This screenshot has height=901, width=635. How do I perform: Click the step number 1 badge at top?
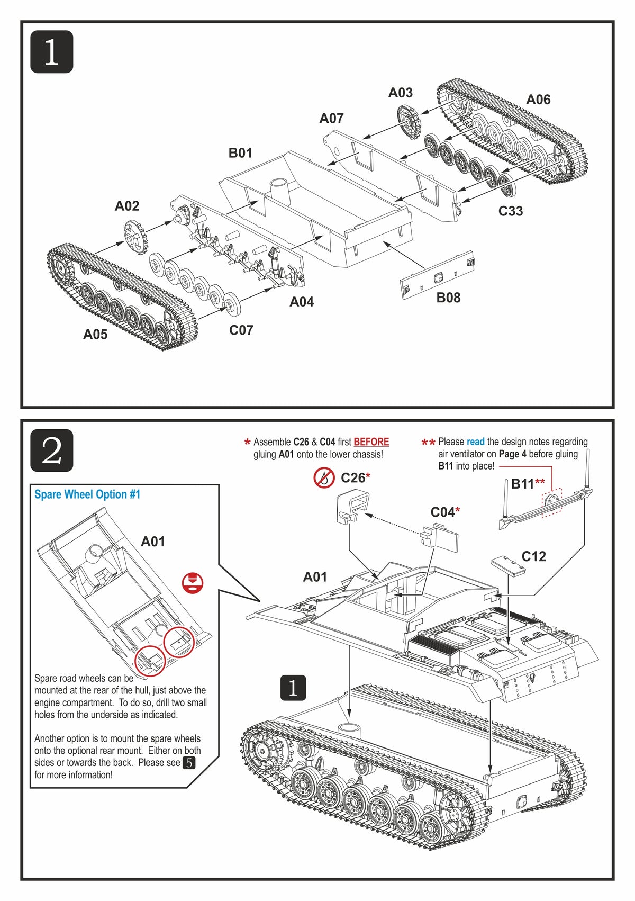click(51, 52)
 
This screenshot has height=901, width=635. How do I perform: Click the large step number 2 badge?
click(51, 450)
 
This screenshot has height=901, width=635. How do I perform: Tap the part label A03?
click(400, 93)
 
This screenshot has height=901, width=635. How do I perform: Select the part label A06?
click(538, 100)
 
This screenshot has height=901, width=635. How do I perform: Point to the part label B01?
click(240, 153)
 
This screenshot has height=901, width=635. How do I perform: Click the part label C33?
click(510, 211)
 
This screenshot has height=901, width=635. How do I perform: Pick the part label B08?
click(448, 298)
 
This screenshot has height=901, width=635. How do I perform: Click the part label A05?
click(95, 334)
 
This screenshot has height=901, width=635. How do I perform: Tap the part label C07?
click(241, 330)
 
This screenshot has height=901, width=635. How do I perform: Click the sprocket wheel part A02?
click(134, 238)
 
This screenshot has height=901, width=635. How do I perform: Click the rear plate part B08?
click(437, 276)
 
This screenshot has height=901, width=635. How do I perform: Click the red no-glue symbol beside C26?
click(323, 478)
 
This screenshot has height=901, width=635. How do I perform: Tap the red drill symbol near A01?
click(193, 582)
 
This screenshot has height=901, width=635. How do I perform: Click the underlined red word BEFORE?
click(371, 442)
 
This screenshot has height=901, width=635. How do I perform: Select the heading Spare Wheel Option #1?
click(87, 494)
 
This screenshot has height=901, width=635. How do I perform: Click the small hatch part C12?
click(508, 564)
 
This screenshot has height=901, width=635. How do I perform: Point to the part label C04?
click(442, 512)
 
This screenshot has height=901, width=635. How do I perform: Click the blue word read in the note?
click(475, 442)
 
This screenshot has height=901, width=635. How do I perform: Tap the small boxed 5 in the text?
click(189, 763)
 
